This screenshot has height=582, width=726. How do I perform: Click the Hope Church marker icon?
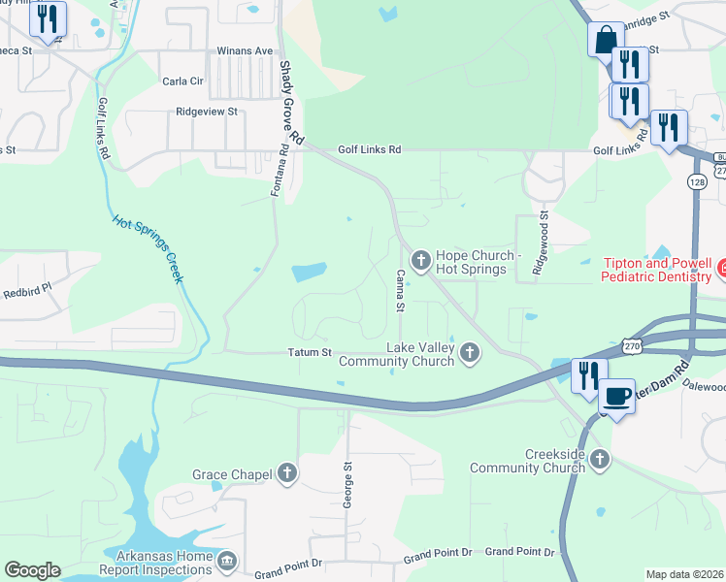421,259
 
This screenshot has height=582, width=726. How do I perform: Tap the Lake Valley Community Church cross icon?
471,354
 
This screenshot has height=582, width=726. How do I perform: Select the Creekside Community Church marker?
601,459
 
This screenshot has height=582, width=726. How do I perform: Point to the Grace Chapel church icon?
286,474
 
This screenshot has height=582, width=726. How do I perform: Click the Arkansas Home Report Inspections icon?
226,560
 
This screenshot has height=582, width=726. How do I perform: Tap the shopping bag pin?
605,41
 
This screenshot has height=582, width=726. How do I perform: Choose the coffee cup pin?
616,395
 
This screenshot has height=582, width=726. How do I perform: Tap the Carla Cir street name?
182,81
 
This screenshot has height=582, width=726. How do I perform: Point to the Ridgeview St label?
207,112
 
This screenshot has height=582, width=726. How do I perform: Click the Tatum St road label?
309,352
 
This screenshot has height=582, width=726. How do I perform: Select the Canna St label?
399,291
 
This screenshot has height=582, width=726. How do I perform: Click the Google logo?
32,569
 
